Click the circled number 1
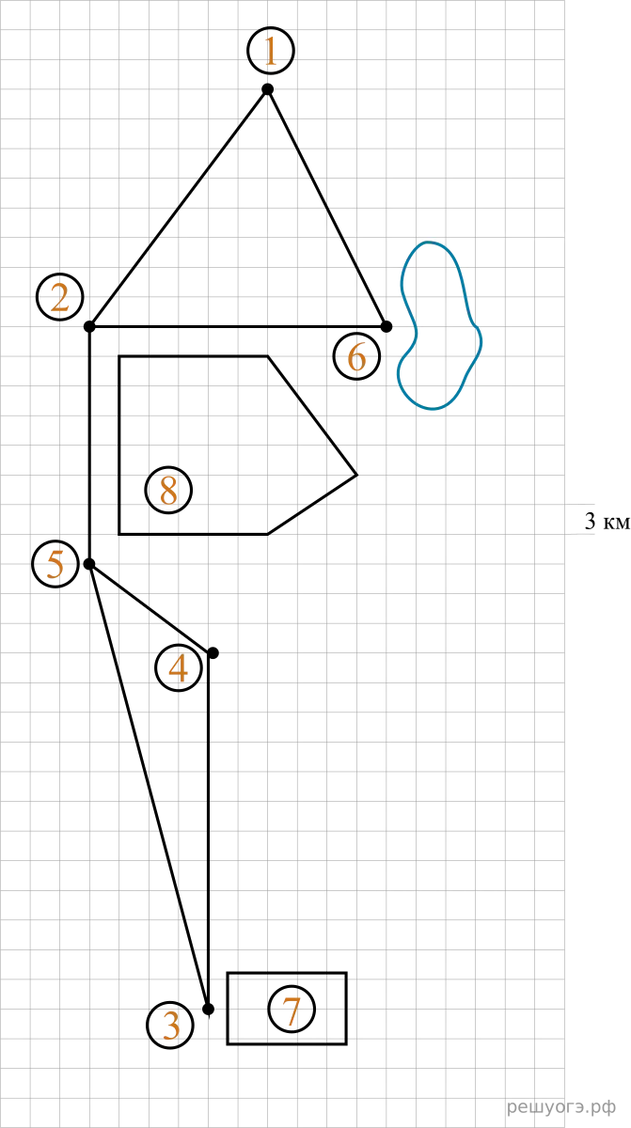(x=271, y=51)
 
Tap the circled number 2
(x=59, y=297)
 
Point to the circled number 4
(x=179, y=667)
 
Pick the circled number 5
(x=55, y=563)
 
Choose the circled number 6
(x=356, y=356)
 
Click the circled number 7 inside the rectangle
(x=292, y=1010)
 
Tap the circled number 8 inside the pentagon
(x=168, y=490)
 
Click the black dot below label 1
(x=267, y=89)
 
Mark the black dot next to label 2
(x=89, y=327)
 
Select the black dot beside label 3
(x=208, y=1010)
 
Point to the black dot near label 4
(x=213, y=653)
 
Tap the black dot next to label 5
(x=89, y=564)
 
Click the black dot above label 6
(x=386, y=327)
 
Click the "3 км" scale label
(x=607, y=521)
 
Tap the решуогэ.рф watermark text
(x=561, y=1107)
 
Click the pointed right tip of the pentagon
(x=356, y=475)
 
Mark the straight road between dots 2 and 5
(x=89, y=446)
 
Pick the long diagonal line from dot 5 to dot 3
(x=149, y=787)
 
